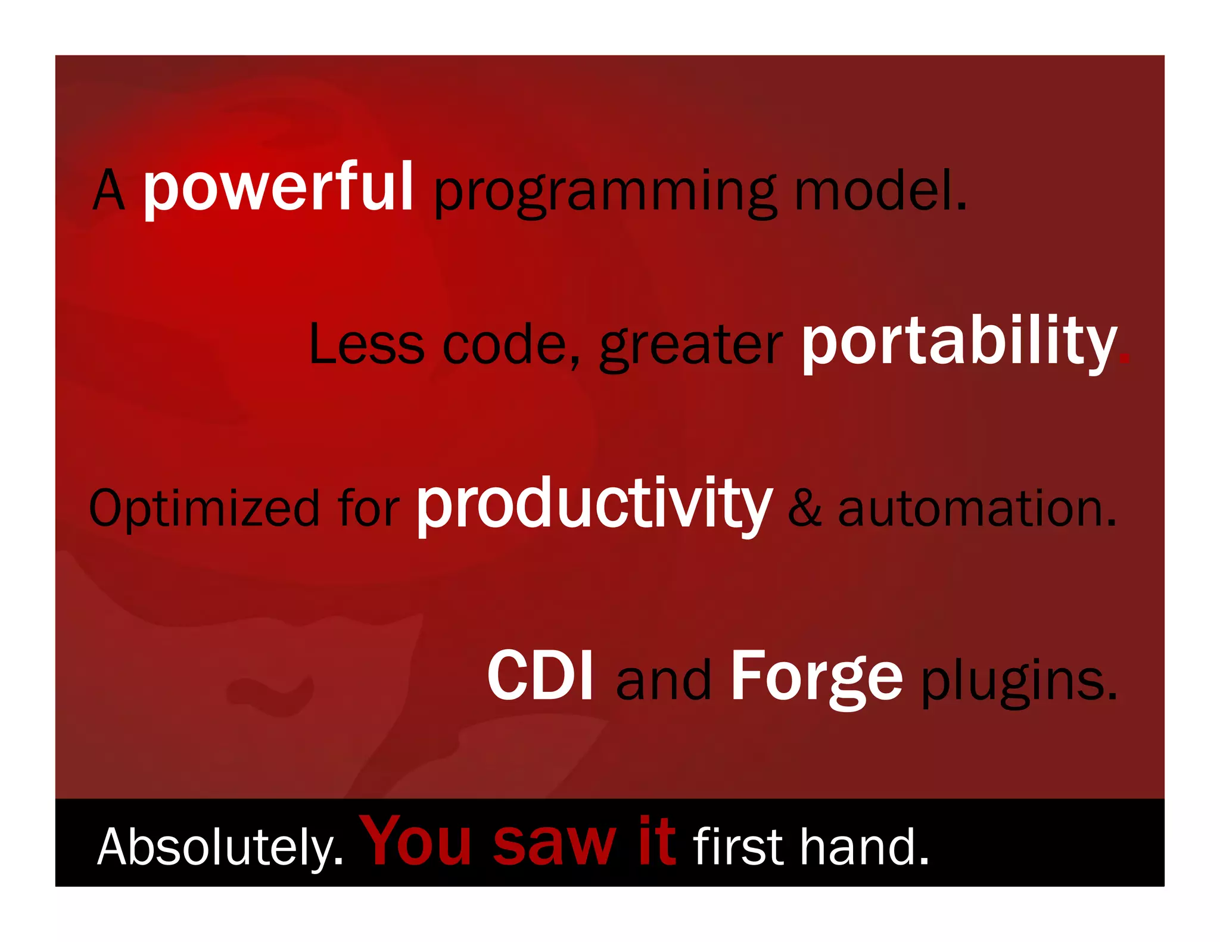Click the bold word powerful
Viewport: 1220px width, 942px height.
(x=278, y=189)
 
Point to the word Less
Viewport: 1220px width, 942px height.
(x=366, y=345)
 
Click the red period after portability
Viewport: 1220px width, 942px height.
(x=1123, y=359)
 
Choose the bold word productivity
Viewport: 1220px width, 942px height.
(x=594, y=506)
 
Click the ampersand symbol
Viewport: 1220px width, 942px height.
(x=804, y=509)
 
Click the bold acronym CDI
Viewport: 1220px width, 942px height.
(x=540, y=676)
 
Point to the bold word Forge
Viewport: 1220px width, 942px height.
(x=816, y=678)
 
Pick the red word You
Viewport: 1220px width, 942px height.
(x=417, y=841)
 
